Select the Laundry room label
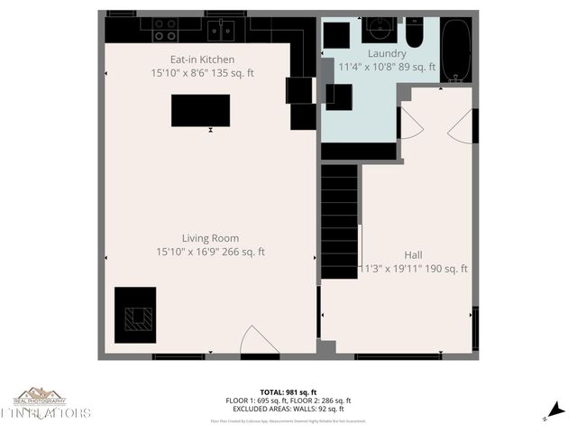387,53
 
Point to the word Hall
414,255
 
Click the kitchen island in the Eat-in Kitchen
200,110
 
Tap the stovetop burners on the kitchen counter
165,31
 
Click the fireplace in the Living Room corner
135,315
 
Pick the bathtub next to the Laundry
457,50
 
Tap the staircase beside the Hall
340,221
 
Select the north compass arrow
558,410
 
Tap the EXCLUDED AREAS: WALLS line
288,408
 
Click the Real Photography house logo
40,396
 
